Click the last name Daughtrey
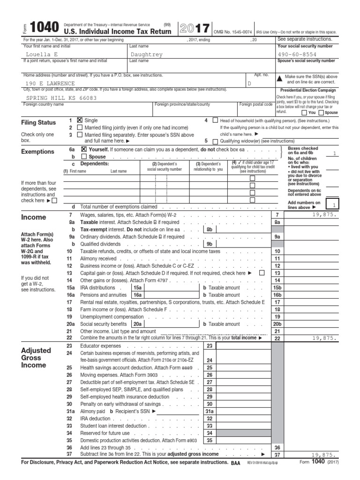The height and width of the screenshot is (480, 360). [147, 54]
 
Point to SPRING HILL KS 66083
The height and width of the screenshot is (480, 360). [61, 98]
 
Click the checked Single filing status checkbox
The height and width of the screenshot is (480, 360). [79, 120]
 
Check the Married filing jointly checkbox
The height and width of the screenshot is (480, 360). [79, 127]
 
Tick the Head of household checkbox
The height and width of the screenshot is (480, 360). [215, 120]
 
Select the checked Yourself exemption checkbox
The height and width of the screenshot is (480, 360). [84, 149]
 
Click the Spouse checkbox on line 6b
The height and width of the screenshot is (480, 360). [84, 157]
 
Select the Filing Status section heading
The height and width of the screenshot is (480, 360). [38, 123]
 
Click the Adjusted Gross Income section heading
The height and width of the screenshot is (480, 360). [34, 358]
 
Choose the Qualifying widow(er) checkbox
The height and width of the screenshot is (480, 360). [215, 141]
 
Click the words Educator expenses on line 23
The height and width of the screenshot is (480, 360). [101, 345]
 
